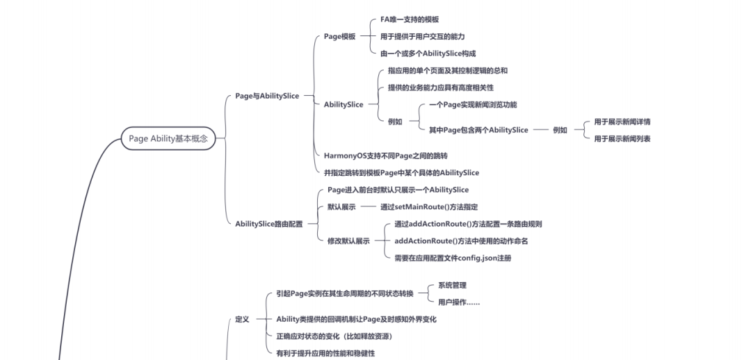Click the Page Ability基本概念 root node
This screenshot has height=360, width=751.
pyautogui.click(x=168, y=138)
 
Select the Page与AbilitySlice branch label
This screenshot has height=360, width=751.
pyautogui.click(x=267, y=96)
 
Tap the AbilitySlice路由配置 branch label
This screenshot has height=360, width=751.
pyautogui.click(x=268, y=224)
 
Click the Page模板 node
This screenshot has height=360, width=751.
pyautogui.click(x=339, y=37)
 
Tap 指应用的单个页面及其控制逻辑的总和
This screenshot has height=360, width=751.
pyautogui.click(x=447, y=71)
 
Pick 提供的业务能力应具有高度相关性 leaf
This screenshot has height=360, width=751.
pyautogui.click(x=440, y=88)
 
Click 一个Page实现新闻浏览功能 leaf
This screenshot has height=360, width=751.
pyautogui.click(x=473, y=104)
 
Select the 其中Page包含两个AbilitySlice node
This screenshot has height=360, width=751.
pyautogui.click(x=478, y=130)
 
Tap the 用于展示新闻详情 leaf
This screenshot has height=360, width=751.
pyautogui.click(x=622, y=122)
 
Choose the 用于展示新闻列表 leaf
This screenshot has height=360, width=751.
pyautogui.click(x=622, y=139)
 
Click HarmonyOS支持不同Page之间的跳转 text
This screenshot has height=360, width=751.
pyautogui.click(x=385, y=156)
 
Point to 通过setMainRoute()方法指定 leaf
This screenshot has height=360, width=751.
pyautogui.click(x=428, y=207)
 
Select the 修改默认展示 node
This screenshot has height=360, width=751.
pyautogui.click(x=348, y=241)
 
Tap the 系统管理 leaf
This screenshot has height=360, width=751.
pyautogui.click(x=452, y=285)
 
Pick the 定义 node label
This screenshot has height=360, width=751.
pyautogui.click(x=242, y=320)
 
